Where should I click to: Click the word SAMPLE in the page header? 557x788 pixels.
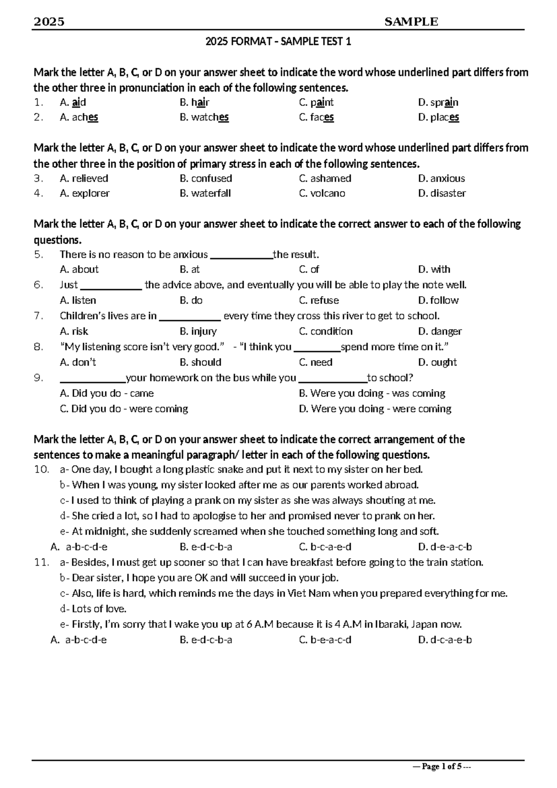coord(411,22)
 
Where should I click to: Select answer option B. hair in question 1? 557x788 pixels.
coord(194,102)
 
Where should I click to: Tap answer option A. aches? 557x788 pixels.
coord(79,117)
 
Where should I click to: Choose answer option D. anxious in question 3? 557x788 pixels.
coord(441,178)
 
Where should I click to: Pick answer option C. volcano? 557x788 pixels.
coord(322,193)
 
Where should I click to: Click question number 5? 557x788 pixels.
coord(39,254)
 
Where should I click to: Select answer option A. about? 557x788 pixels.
coord(79,269)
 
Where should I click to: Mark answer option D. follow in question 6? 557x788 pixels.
coord(438,300)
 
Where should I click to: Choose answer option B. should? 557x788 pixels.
coord(201,362)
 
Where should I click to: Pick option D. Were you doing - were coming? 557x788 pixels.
coord(375,409)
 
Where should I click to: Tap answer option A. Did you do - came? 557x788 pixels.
coord(107,394)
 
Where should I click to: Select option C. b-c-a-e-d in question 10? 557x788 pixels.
coord(325,547)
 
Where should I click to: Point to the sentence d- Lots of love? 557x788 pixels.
coord(93,608)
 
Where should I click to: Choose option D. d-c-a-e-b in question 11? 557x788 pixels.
coord(445,639)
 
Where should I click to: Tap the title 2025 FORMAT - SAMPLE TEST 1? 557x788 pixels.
coord(278,42)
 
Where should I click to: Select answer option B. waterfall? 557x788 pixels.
coord(205,193)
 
